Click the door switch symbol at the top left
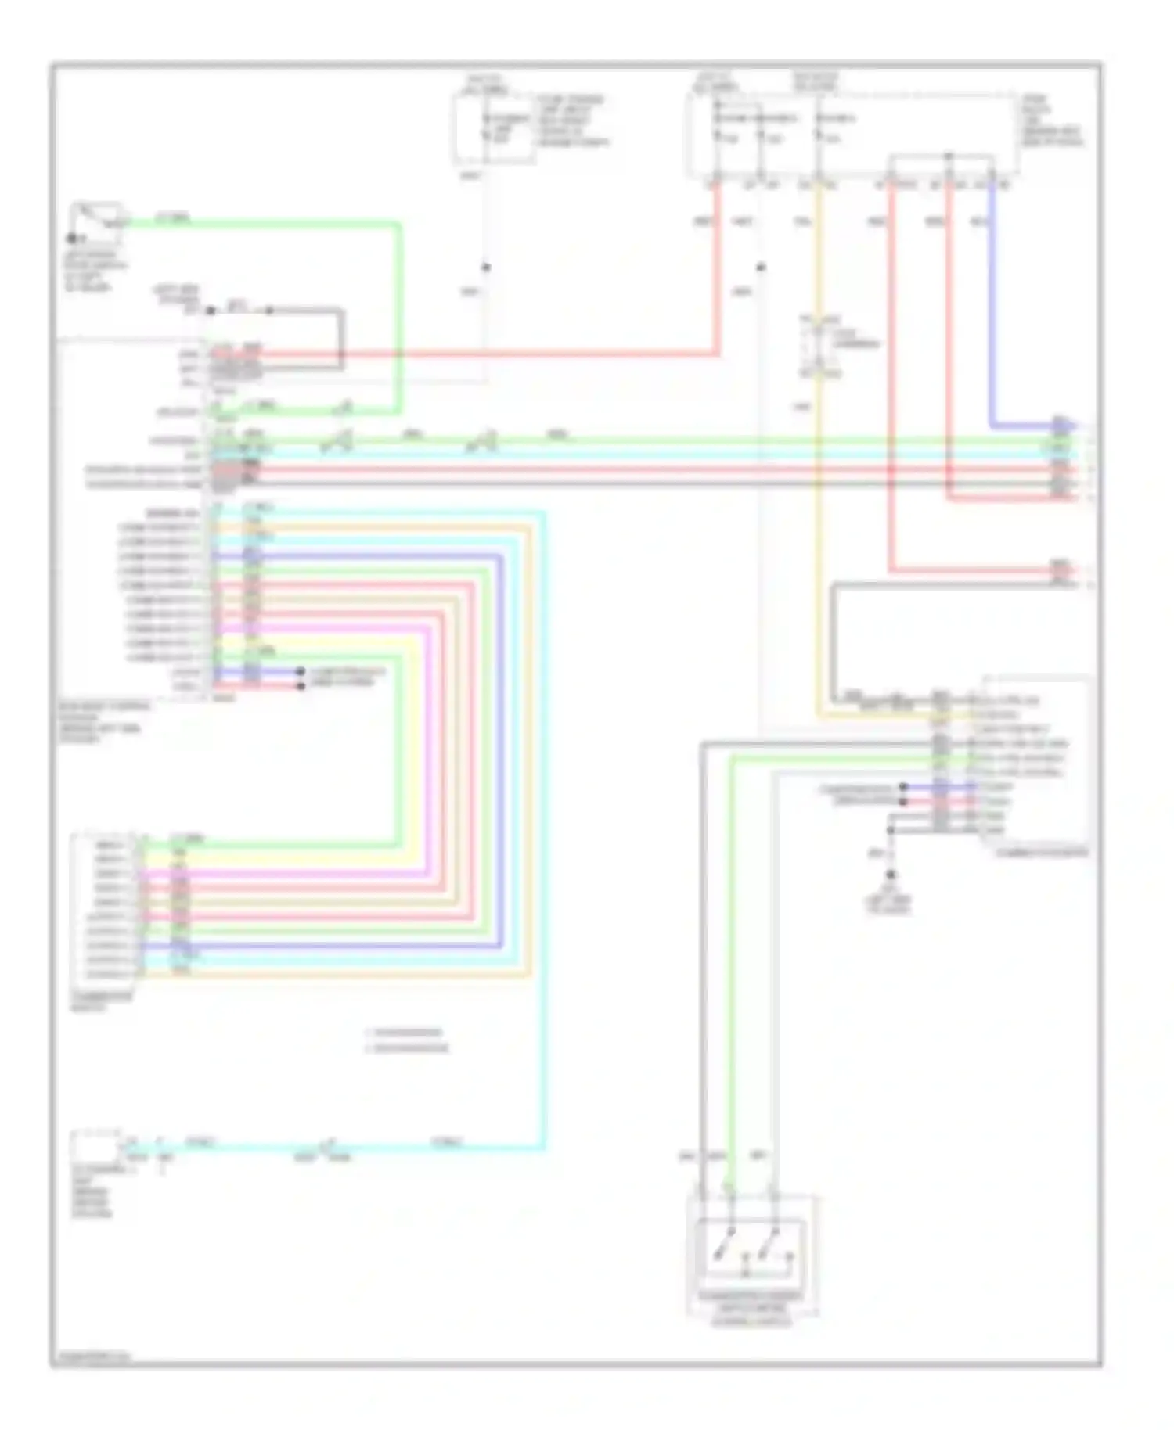pyautogui.click(x=97, y=216)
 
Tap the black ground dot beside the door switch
pyautogui.click(x=72, y=238)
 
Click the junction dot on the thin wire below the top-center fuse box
pyautogui.click(x=486, y=268)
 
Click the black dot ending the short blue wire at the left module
pyautogui.click(x=301, y=672)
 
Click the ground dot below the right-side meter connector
pyautogui.click(x=891, y=875)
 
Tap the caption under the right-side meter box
pyautogui.click(x=1042, y=852)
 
